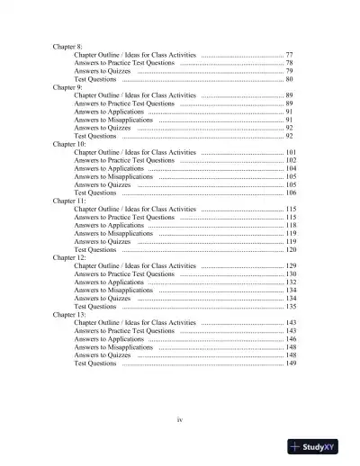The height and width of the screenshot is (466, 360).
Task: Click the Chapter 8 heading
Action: pyautogui.click(x=67, y=45)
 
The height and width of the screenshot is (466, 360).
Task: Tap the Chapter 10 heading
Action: pyautogui.click(x=70, y=144)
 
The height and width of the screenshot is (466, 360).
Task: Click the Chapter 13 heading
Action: pyautogui.click(x=70, y=315)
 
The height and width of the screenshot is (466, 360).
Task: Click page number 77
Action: pyautogui.click(x=289, y=54)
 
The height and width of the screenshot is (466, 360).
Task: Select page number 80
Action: pyautogui.click(x=289, y=79)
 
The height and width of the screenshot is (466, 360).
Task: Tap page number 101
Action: pyautogui.click(x=291, y=152)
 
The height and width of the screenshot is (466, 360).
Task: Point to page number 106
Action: pyautogui.click(x=291, y=193)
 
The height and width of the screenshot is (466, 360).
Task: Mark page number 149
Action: pyautogui.click(x=291, y=363)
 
